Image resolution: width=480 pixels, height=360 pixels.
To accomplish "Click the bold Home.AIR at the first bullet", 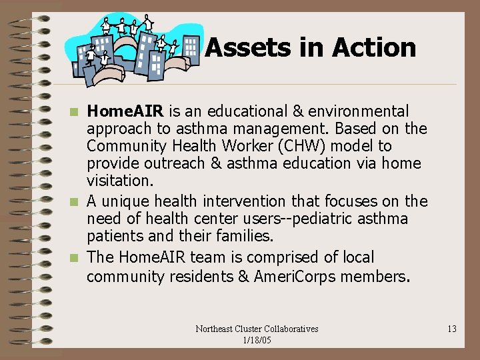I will [x=127, y=111].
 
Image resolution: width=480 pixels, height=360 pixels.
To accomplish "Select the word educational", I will [x=239, y=111].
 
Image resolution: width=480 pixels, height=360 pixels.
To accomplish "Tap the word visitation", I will [x=119, y=180].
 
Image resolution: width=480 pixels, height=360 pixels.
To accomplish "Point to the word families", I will [x=239, y=236].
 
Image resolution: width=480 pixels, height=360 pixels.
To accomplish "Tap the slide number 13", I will [x=451, y=329].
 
